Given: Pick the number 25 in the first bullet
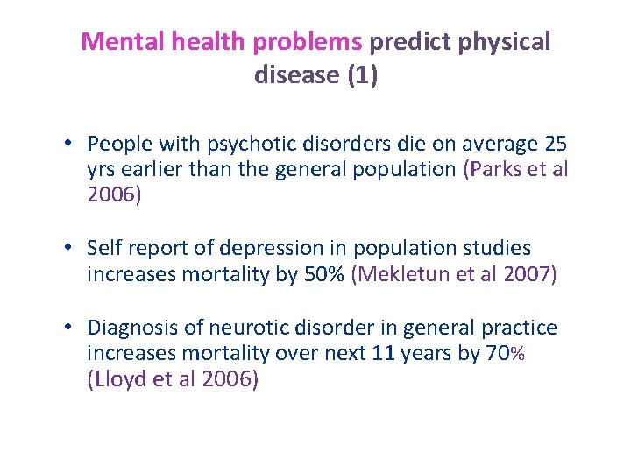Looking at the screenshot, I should point(556,144).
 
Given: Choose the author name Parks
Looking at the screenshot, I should point(496,169).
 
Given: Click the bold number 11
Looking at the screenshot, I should point(382,354).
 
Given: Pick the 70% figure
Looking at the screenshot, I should point(505,354).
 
